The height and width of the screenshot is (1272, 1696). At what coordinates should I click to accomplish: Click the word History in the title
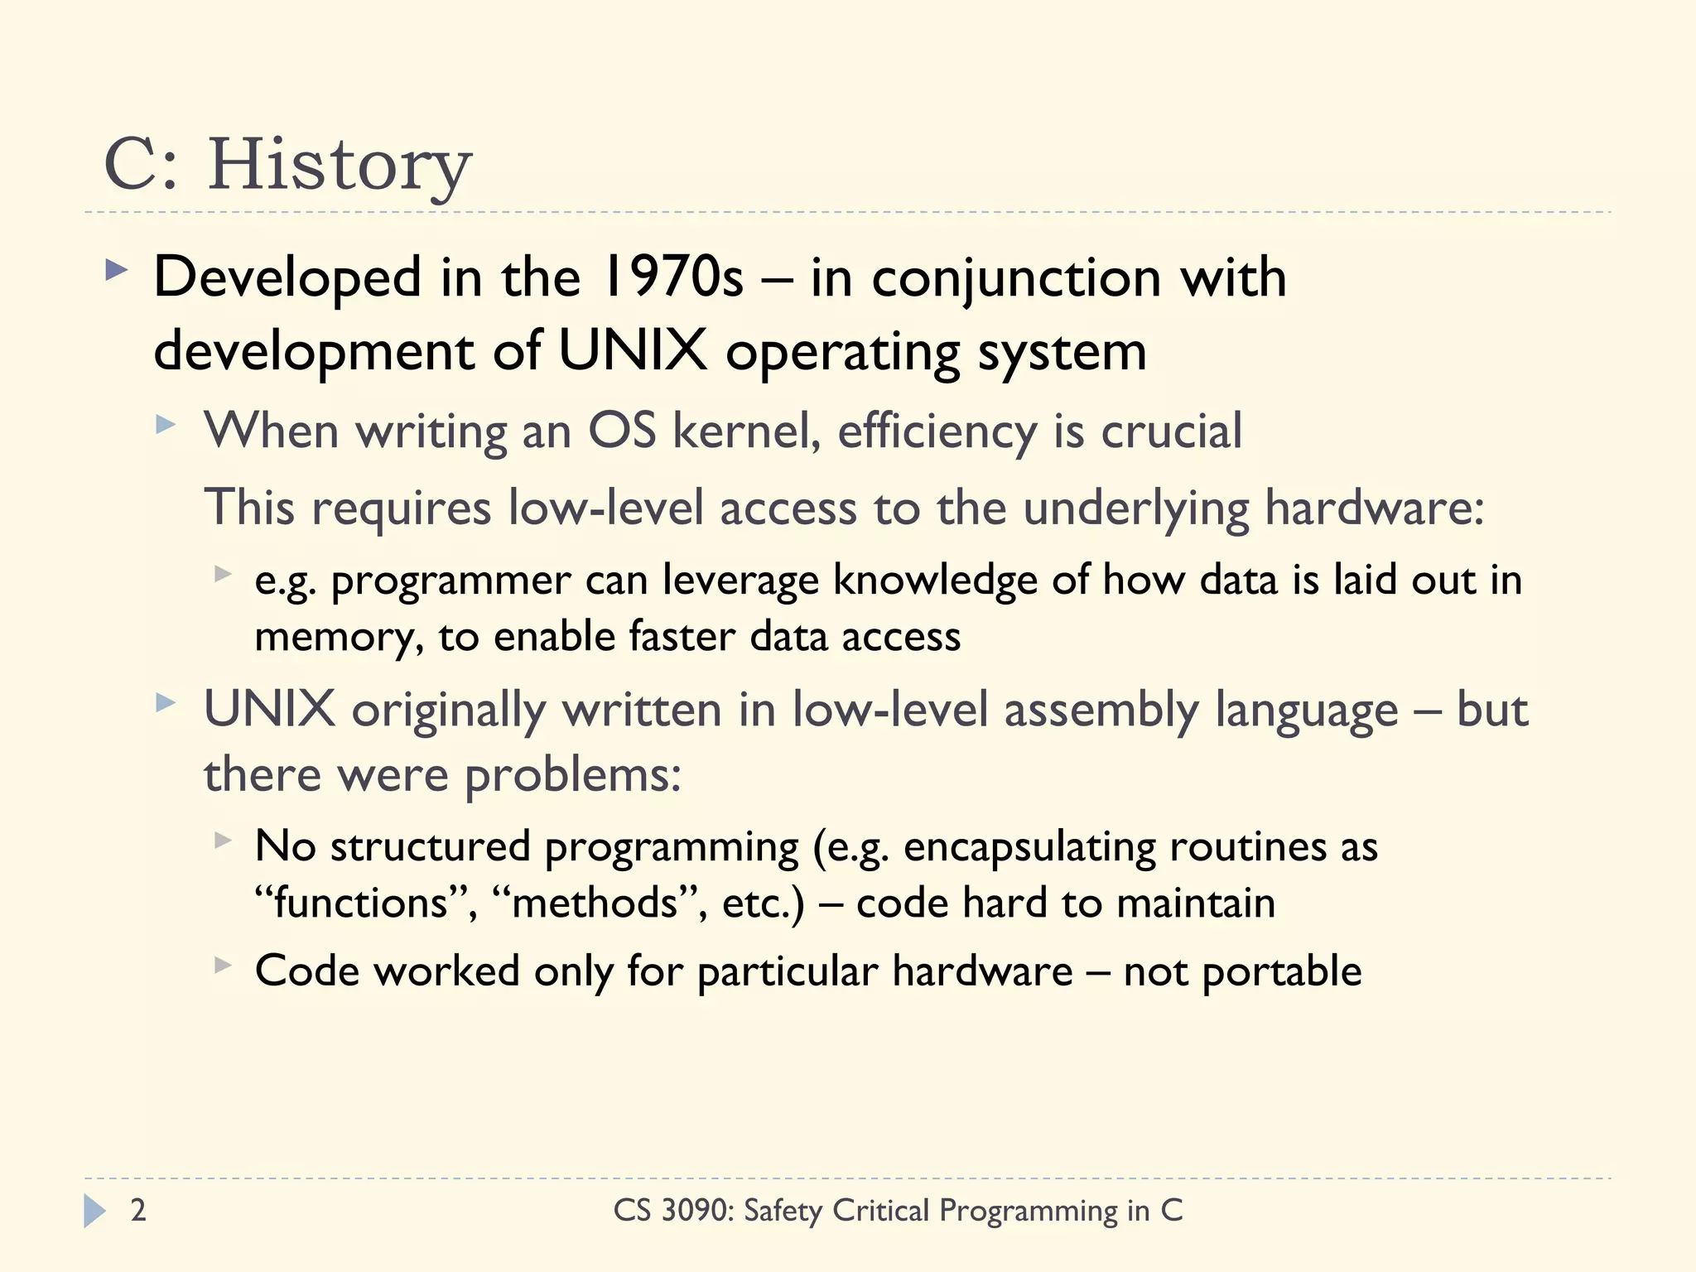[x=339, y=166]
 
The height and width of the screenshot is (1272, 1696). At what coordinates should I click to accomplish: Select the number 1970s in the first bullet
[x=672, y=277]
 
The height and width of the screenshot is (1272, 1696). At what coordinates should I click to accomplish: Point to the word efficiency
[x=937, y=431]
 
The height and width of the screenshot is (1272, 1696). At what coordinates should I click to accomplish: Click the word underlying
[x=1135, y=508]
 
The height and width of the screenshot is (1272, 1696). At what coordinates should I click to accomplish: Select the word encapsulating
[x=1029, y=847]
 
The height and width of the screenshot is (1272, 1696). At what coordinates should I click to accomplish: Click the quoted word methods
[x=595, y=903]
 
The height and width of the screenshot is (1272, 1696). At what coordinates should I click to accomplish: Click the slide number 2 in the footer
[x=138, y=1211]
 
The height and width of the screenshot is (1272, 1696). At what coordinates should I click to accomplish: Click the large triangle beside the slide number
[x=94, y=1211]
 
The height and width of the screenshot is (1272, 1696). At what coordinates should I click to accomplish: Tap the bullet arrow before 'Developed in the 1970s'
[x=117, y=270]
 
